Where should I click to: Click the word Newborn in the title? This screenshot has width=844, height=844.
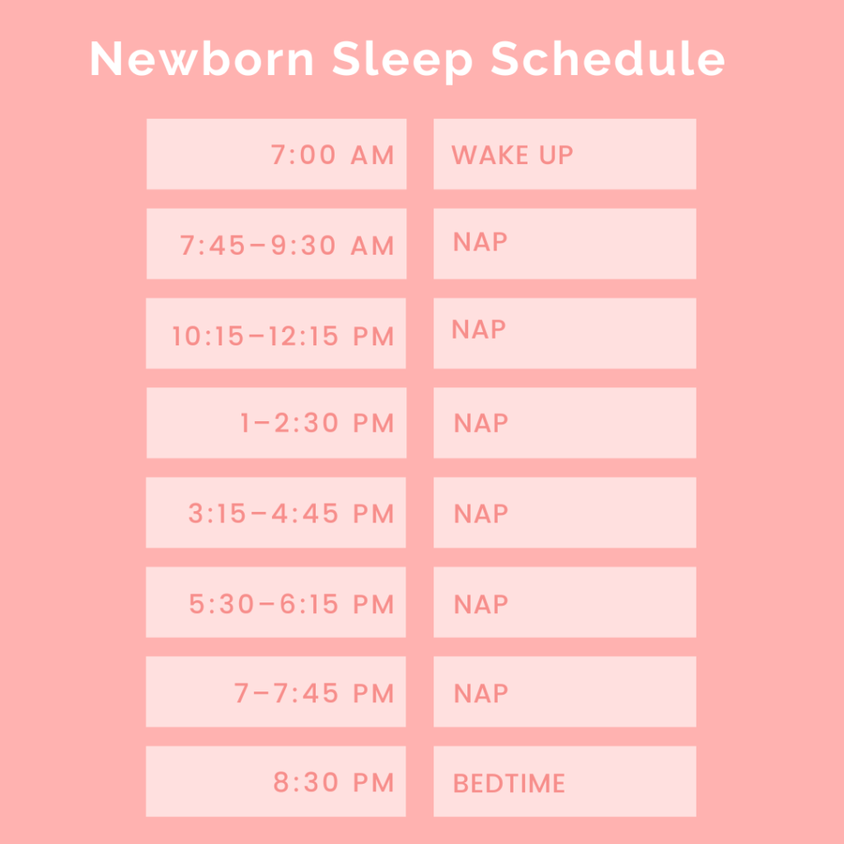tap(202, 59)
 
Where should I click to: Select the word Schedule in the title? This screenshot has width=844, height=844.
tap(609, 59)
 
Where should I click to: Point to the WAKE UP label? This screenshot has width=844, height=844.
tap(512, 155)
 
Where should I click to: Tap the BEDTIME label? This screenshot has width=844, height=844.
tap(509, 783)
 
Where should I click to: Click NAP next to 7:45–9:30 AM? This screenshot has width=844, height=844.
tap(481, 242)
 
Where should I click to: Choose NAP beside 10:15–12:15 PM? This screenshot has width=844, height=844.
tap(479, 330)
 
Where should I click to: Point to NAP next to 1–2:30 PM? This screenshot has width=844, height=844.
tap(481, 424)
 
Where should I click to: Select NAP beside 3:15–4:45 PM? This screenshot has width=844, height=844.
tap(481, 513)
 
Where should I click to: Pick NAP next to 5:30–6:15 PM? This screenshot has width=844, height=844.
tap(481, 604)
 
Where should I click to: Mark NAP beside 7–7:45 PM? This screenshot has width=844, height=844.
tap(481, 693)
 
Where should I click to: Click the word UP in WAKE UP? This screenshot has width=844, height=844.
tap(555, 155)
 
